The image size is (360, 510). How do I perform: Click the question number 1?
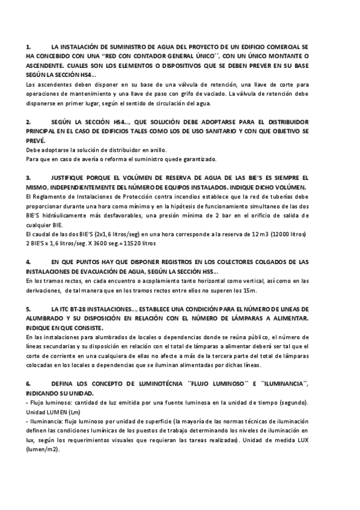[28, 46]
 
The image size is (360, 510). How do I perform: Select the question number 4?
[28, 262]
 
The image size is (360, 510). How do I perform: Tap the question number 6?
[28, 382]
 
